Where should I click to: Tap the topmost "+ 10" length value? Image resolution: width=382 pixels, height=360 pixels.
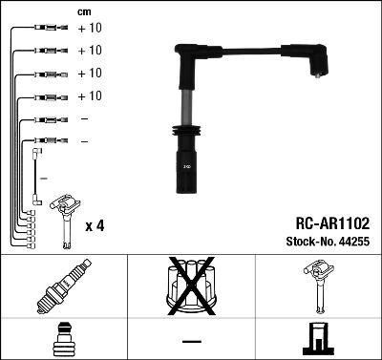(x=89, y=29)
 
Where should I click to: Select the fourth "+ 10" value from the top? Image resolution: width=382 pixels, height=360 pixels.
(x=89, y=96)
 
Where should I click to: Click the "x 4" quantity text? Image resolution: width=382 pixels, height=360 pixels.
(x=95, y=225)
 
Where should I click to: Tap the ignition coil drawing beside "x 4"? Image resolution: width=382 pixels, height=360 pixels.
(x=65, y=215)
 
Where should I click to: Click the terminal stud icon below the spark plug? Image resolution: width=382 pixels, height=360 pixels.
(x=64, y=339)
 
